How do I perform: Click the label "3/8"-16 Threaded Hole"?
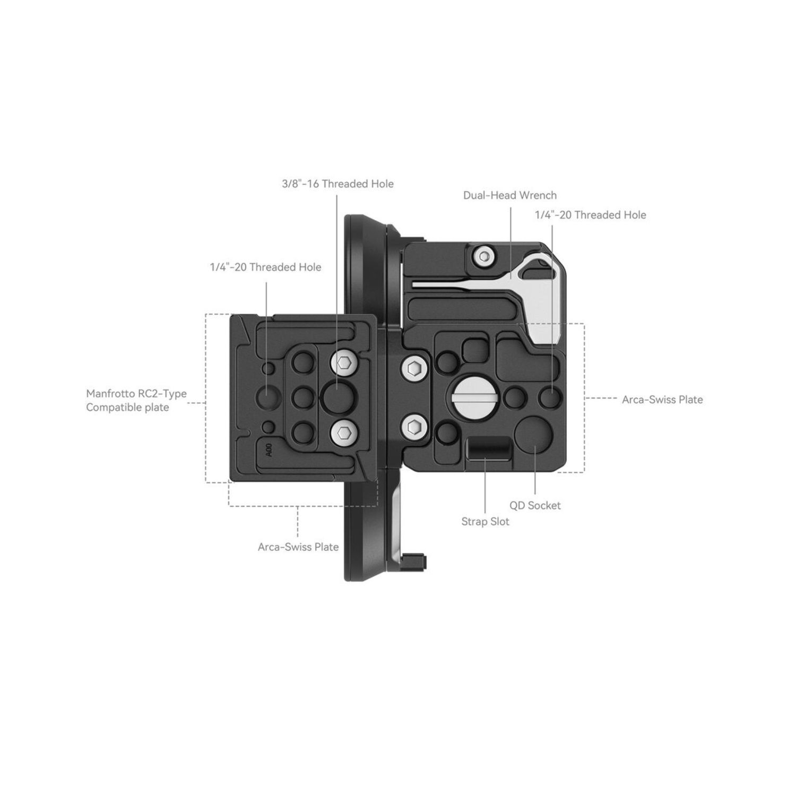point(338,184)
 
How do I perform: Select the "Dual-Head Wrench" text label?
point(509,195)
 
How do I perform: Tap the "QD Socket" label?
point(534,506)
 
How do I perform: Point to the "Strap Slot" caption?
point(485,522)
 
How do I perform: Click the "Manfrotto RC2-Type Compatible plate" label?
point(136,401)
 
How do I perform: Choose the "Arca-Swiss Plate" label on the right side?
point(662,400)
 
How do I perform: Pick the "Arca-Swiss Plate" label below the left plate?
point(298,547)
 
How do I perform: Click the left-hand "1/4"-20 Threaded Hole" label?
point(265,267)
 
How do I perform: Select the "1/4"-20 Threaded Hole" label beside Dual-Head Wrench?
point(590,215)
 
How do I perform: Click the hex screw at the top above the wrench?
point(482,257)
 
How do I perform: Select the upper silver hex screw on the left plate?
point(343,364)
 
